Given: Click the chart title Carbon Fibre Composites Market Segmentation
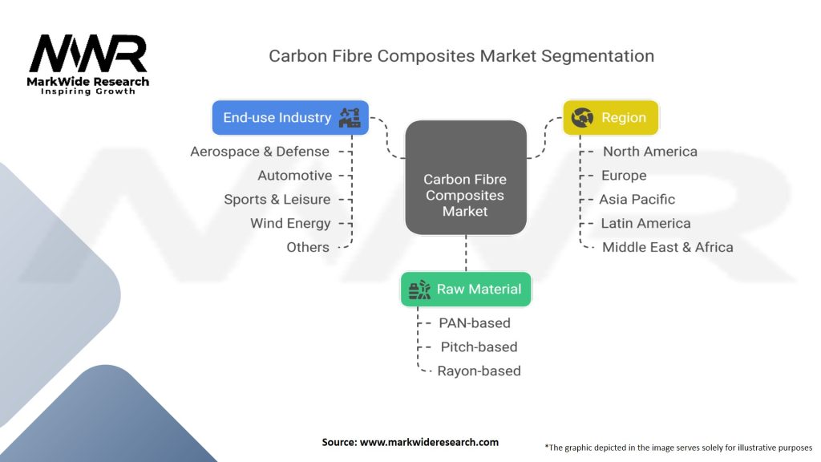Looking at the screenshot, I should tap(461, 56).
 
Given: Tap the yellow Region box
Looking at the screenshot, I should tap(610, 117).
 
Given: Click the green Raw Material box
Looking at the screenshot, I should tap(466, 290).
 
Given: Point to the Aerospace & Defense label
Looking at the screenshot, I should tap(260, 152).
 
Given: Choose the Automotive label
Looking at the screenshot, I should tap(294, 176).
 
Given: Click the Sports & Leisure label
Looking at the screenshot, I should tap(277, 200).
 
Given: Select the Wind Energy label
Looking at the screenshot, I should tap(290, 223).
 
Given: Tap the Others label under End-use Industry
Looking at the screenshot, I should tap(308, 247).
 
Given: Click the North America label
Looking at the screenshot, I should tap(650, 152).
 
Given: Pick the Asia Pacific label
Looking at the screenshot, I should tap(637, 199).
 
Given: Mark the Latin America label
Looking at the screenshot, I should tap(645, 223).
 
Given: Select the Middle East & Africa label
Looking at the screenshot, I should tap(667, 247).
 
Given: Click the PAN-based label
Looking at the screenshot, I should tap(475, 323).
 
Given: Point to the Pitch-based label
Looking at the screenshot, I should tap(479, 346).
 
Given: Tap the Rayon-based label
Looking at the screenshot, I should tap(479, 371).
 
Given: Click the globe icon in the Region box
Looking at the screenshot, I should tap(582, 118).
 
